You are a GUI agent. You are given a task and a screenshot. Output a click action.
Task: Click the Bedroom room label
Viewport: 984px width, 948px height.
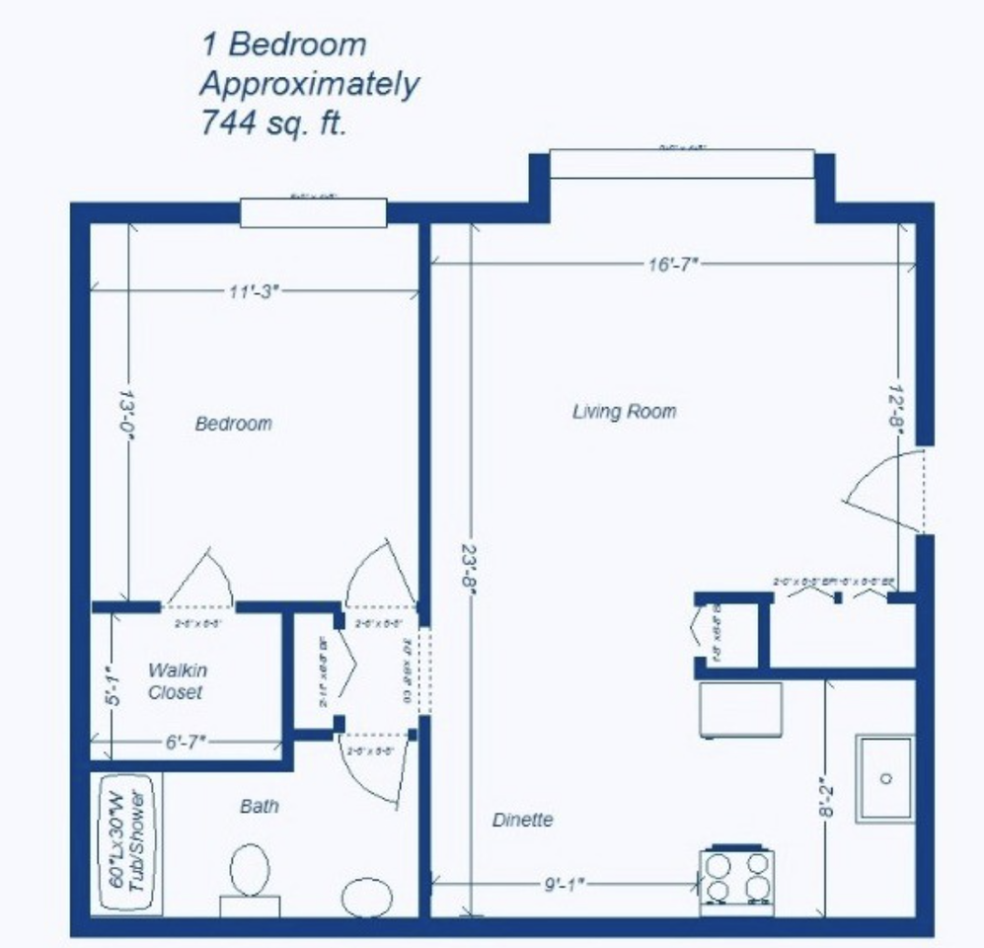pyautogui.click(x=233, y=424)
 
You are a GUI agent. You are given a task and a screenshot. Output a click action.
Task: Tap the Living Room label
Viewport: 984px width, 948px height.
pyautogui.click(x=624, y=411)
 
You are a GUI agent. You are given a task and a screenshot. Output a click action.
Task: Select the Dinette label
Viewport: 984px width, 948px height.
pyautogui.click(x=522, y=820)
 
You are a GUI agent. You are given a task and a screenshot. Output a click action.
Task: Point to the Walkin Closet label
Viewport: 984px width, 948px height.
pyautogui.click(x=176, y=681)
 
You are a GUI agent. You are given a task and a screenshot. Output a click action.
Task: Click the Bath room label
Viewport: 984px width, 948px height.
pyautogui.click(x=260, y=806)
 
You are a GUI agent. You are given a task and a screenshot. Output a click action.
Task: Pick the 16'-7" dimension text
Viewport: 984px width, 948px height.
pyautogui.click(x=673, y=264)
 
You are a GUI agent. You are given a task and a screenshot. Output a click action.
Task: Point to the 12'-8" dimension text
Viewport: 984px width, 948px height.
pyautogui.click(x=897, y=405)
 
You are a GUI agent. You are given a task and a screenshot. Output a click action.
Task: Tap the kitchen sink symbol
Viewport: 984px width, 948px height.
pyautogui.click(x=884, y=778)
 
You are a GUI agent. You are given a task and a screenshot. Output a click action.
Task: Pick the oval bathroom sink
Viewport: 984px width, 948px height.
pyautogui.click(x=366, y=897)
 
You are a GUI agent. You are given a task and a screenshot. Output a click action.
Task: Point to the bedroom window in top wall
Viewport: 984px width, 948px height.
pyautogui.click(x=313, y=212)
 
